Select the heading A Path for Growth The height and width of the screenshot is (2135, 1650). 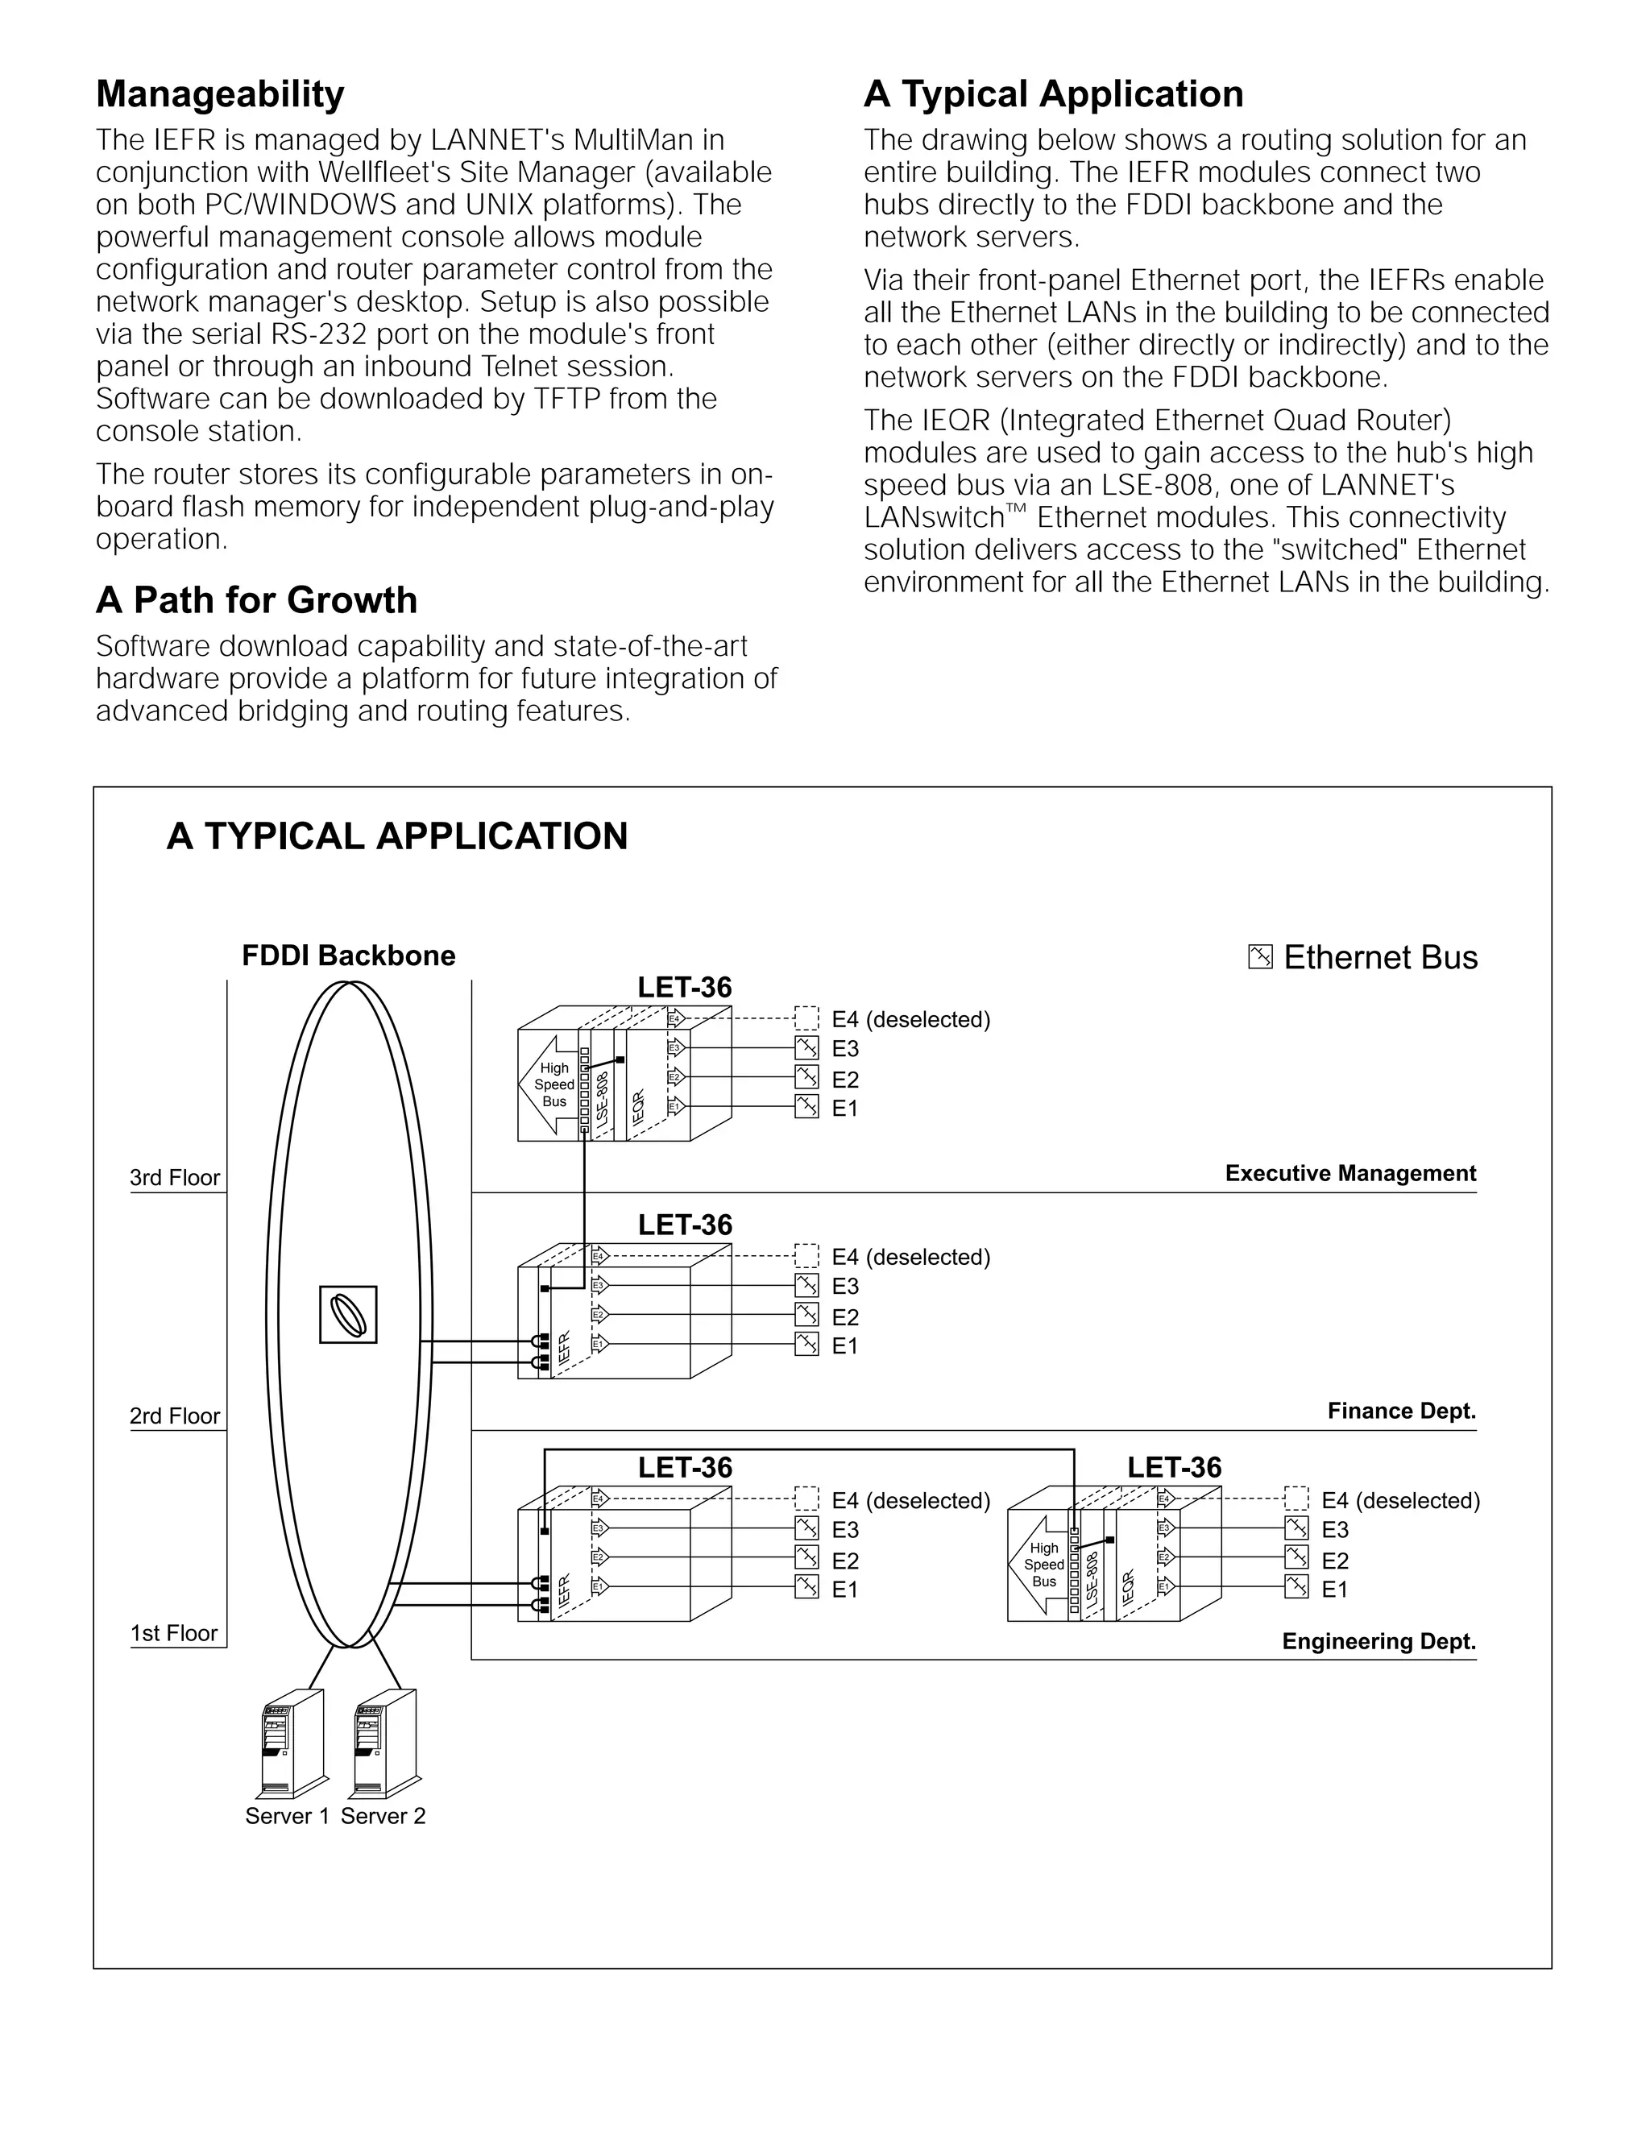coord(256,600)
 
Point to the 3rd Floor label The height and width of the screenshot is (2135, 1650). coord(175,1177)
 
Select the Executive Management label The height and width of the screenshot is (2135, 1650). coord(1350,1173)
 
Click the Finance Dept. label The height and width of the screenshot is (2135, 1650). coord(1401,1411)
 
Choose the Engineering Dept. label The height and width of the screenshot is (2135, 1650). coord(1378,1641)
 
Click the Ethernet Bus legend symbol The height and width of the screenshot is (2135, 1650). coord(1260,957)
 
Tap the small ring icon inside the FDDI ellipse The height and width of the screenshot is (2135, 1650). coord(348,1315)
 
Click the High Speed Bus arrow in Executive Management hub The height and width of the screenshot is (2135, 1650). coord(550,1085)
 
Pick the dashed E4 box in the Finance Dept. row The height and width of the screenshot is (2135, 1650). coord(806,1255)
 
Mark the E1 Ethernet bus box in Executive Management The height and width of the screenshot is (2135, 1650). coord(806,1107)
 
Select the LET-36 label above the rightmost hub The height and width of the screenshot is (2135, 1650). coord(1174,1467)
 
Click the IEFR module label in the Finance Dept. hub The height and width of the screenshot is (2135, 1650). coord(564,1349)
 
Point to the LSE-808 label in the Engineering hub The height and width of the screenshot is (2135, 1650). coord(1092,1577)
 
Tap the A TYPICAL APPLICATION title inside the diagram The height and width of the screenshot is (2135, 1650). coord(397,837)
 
